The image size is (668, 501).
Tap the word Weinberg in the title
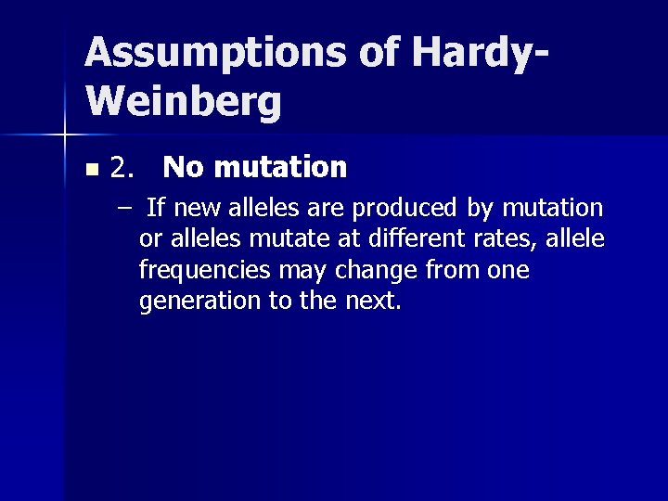tap(182, 101)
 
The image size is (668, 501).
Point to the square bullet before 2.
tap(90, 171)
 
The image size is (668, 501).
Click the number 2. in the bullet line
tap(123, 168)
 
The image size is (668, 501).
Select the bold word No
tap(184, 168)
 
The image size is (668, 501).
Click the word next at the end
tap(375, 302)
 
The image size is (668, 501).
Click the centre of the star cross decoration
tap(64, 135)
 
